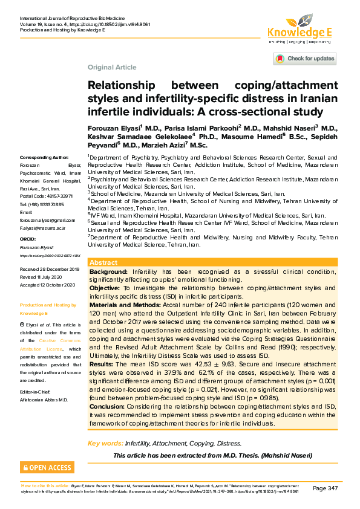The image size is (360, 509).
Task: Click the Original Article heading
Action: click(112, 67)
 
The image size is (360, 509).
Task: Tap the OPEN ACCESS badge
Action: click(47, 467)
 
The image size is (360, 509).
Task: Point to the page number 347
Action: click(325, 488)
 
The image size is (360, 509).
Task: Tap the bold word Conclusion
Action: click(108, 406)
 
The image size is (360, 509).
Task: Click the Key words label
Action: click(105, 444)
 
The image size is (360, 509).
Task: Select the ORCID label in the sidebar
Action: click(28, 239)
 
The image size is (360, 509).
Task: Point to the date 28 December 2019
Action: click(58, 268)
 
